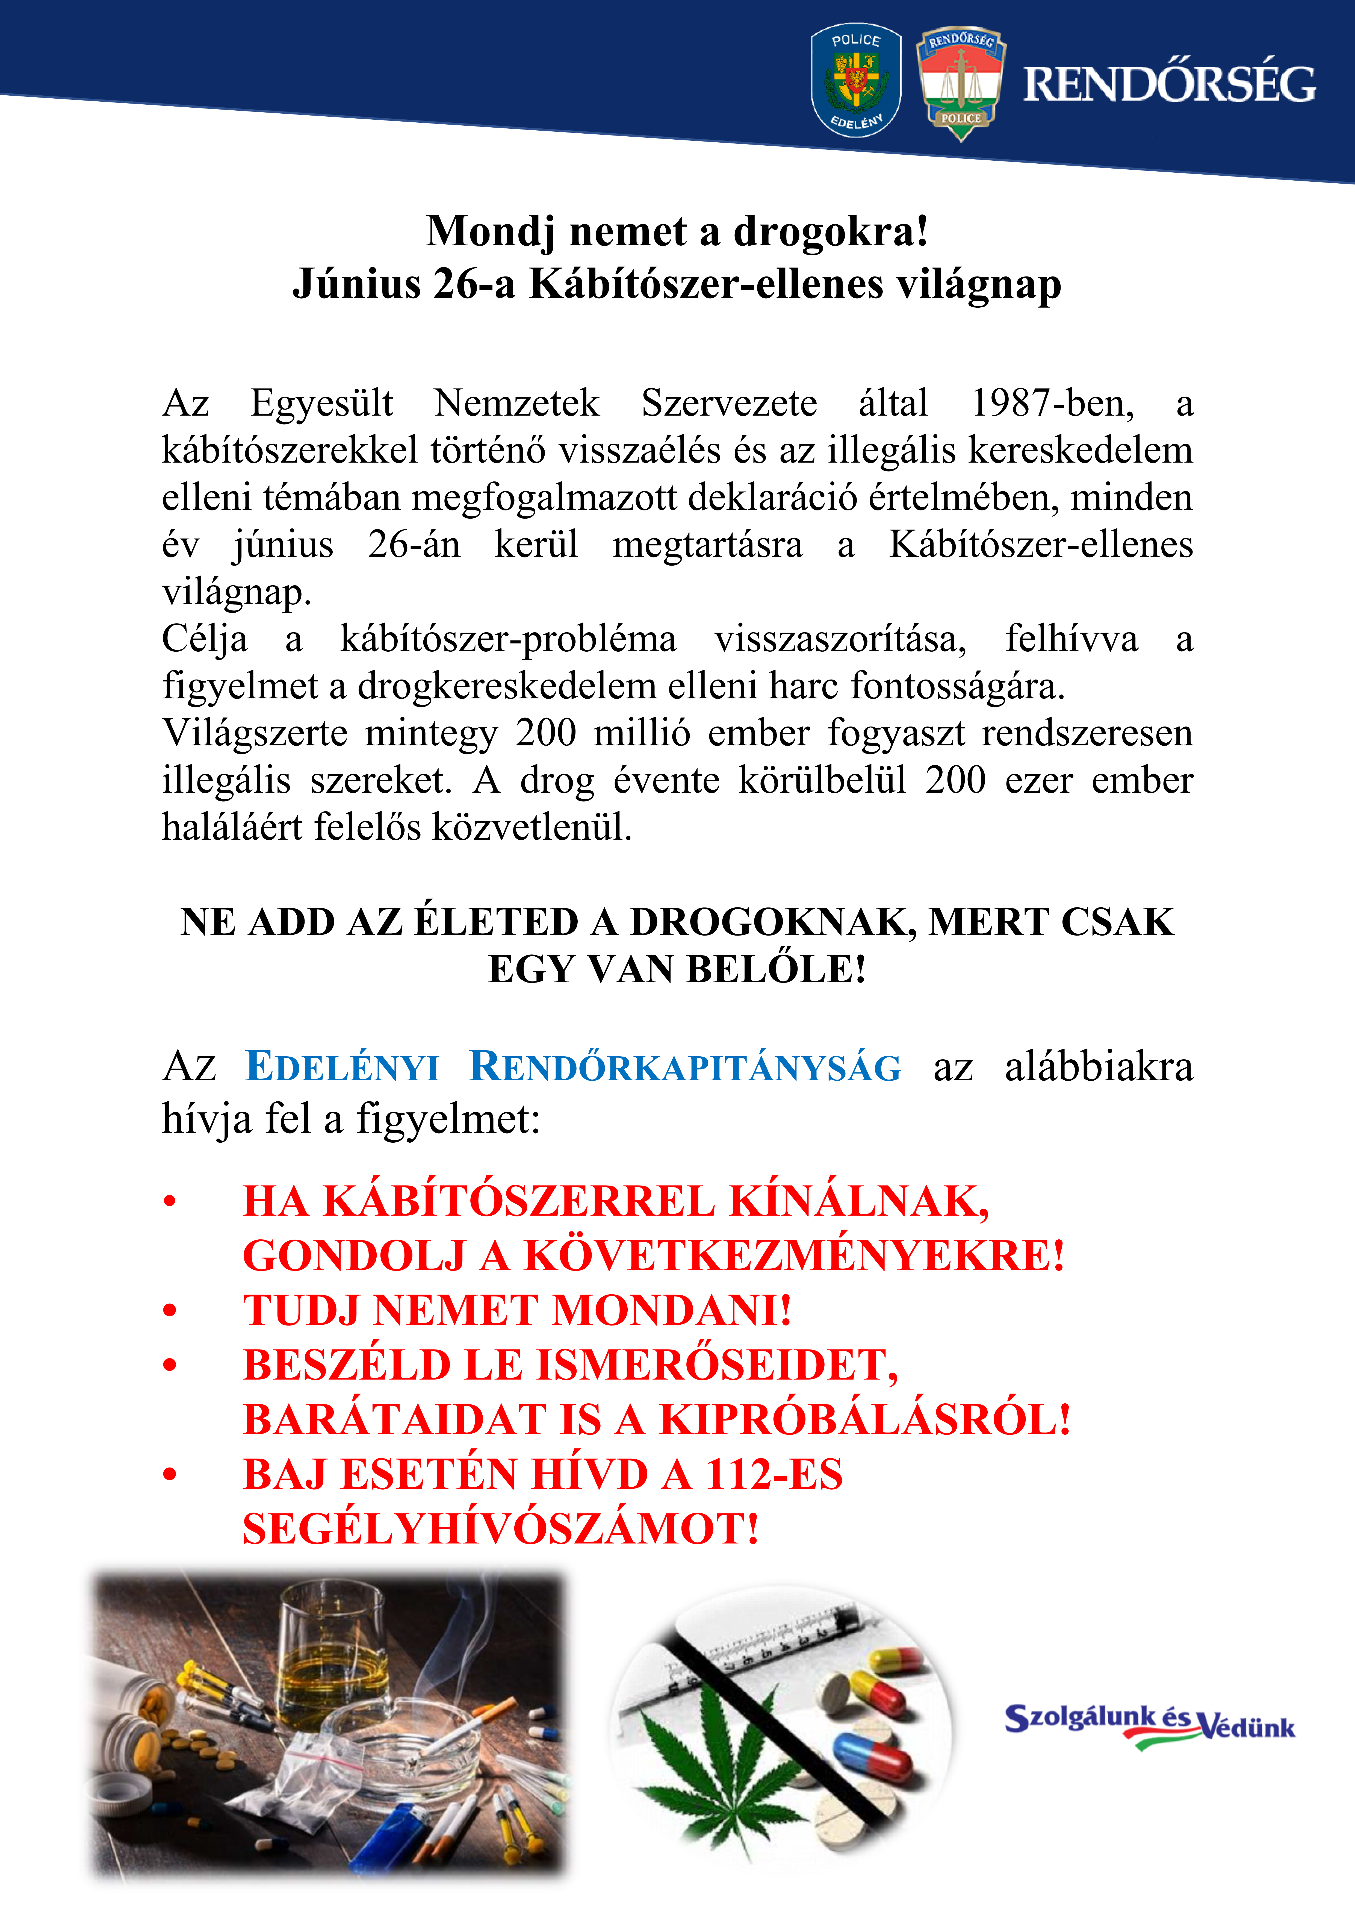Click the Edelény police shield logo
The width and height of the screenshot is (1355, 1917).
(x=856, y=80)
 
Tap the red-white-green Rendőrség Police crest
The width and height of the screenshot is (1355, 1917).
(x=961, y=82)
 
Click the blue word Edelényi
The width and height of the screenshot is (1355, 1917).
(x=342, y=1067)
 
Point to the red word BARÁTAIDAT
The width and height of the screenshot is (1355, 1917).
(x=392, y=1419)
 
